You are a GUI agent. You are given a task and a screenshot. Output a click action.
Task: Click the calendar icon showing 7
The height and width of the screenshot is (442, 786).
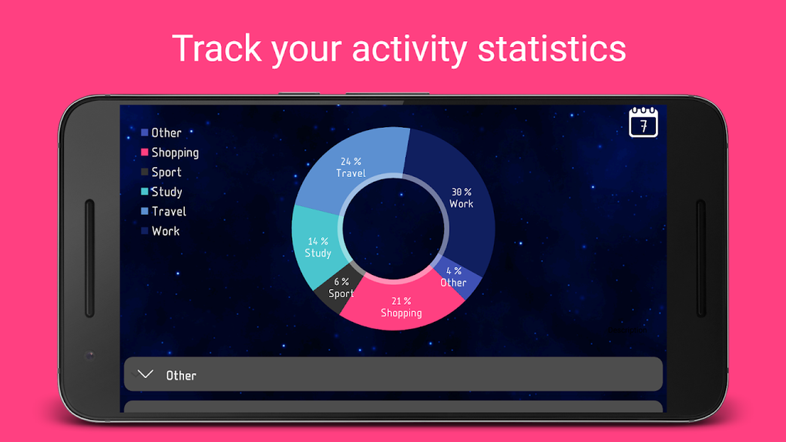coord(643,122)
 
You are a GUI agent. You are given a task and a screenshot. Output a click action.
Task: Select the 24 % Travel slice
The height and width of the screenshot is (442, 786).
coord(351,168)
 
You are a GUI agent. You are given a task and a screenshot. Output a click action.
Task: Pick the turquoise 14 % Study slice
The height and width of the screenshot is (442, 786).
coord(317,248)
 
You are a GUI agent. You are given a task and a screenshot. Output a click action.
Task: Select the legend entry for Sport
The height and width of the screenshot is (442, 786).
coord(166,172)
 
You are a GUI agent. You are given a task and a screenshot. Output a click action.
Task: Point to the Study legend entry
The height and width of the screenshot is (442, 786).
coord(166,192)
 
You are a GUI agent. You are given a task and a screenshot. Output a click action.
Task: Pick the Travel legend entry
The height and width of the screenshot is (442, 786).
coord(168,211)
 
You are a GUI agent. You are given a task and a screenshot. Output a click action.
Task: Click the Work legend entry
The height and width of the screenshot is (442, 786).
coord(165,231)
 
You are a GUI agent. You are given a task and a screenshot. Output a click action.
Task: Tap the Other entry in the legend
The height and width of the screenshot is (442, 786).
coord(166,132)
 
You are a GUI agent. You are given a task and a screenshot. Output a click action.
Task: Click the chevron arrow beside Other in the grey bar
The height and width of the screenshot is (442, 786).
coord(145,374)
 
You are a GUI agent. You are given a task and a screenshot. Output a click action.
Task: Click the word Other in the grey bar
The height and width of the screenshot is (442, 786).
coord(181,375)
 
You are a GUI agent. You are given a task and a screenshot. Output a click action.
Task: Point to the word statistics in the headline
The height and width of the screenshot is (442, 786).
coord(552,49)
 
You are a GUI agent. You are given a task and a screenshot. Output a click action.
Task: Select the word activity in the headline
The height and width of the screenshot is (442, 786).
coord(408,49)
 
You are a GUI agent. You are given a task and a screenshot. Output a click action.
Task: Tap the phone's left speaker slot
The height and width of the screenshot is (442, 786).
coord(89,258)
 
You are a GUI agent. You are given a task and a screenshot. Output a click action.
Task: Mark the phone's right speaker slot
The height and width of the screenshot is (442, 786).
coord(700,258)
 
